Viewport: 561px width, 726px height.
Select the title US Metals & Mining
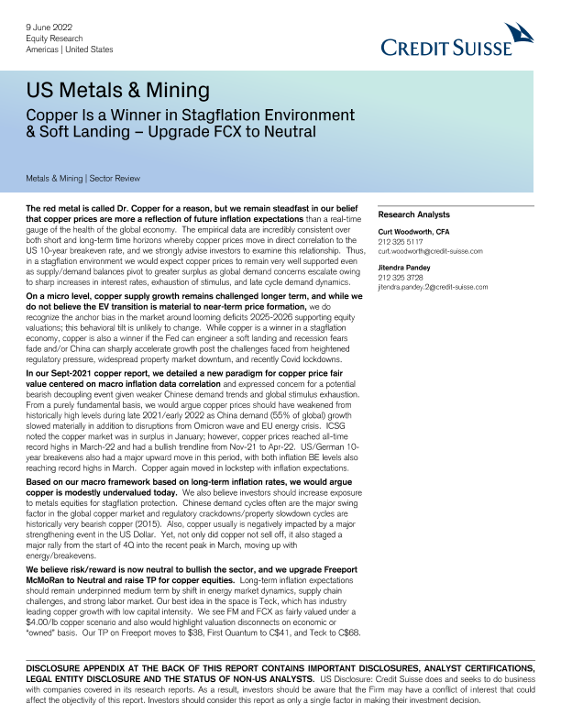[118, 91]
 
